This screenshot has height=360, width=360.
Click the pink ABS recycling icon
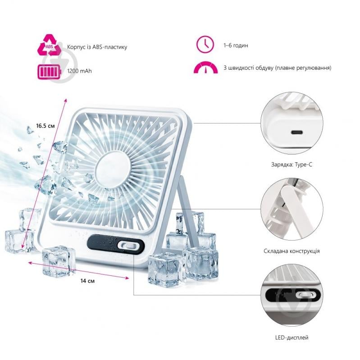50,45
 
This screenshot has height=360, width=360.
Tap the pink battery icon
50,72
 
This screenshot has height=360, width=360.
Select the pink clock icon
205,44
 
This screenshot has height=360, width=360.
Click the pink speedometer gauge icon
205,67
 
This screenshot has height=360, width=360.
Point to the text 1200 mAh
79,71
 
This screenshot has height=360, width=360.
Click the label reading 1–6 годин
236,46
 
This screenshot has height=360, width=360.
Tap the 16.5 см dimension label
46,126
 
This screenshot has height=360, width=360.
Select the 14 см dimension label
87,281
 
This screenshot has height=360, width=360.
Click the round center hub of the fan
113,168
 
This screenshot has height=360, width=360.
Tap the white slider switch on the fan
127,246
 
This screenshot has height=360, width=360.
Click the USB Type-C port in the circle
298,132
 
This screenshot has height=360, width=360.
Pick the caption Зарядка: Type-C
292,164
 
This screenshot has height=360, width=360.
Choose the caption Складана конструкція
292,251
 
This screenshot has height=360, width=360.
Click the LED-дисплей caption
292,338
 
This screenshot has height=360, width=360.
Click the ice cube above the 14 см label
59,261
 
